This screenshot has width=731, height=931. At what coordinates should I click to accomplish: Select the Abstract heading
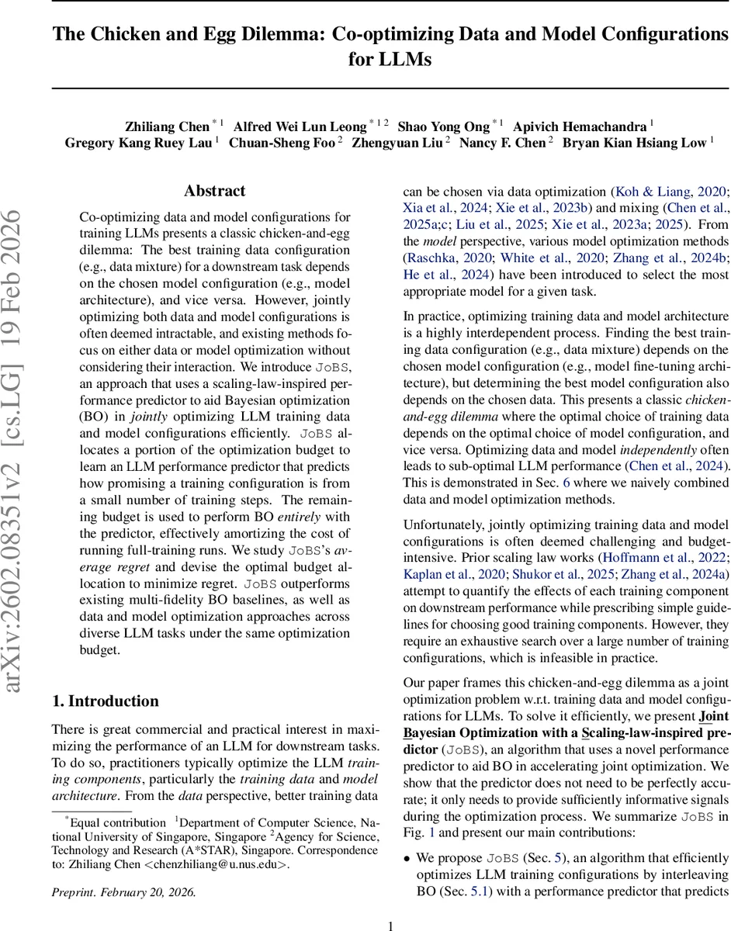214,191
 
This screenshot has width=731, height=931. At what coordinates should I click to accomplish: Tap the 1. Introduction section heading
105,701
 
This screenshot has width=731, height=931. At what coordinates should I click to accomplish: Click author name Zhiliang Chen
167,126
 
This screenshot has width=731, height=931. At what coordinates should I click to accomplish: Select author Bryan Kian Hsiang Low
634,143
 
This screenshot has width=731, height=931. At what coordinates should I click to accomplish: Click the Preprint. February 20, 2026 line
123,891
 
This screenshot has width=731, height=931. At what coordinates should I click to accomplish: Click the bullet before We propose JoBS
407,858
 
